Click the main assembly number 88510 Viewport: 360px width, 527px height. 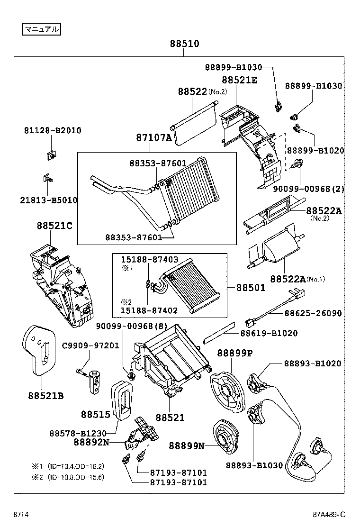tap(184, 44)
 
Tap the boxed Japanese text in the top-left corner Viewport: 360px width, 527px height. tap(42, 29)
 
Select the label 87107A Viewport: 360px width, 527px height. tap(154, 137)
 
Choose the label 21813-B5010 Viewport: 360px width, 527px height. tap(49, 200)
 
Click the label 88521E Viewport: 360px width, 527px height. tap(240, 80)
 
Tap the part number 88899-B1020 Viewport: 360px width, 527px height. tap(315, 150)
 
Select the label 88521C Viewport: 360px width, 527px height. tap(54, 226)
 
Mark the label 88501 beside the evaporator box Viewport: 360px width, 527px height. tap(251, 287)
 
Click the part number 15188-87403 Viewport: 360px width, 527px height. tap(149, 260)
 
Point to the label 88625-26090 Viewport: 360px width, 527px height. tap(313, 313)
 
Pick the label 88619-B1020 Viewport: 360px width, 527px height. tap(269, 333)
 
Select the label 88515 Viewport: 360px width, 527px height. tap(95, 414)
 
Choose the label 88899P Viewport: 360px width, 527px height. tap(235, 353)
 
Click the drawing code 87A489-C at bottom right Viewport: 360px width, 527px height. tap(329, 514)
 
